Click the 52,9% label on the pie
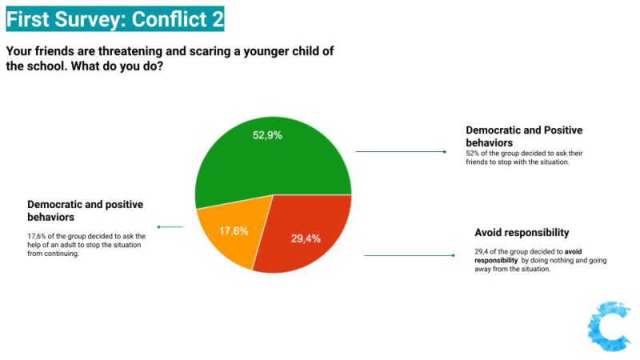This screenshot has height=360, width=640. [x=267, y=135]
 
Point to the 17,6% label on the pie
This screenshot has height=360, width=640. [x=234, y=230]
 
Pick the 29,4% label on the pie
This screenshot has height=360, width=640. [x=306, y=238]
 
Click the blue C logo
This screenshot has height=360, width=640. [x=609, y=326]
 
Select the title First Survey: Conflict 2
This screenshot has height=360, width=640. [x=114, y=18]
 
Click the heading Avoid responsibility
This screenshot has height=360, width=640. [x=522, y=233]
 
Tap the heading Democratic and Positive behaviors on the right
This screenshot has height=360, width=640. [x=524, y=136]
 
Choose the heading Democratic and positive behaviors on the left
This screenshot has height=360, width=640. [x=85, y=210]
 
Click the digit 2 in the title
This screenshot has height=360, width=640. [x=218, y=18]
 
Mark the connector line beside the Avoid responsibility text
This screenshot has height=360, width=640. [x=408, y=255]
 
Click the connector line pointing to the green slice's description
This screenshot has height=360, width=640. [x=400, y=151]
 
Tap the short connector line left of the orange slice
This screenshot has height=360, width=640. [x=170, y=227]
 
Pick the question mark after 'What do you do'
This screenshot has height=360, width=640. [x=162, y=66]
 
